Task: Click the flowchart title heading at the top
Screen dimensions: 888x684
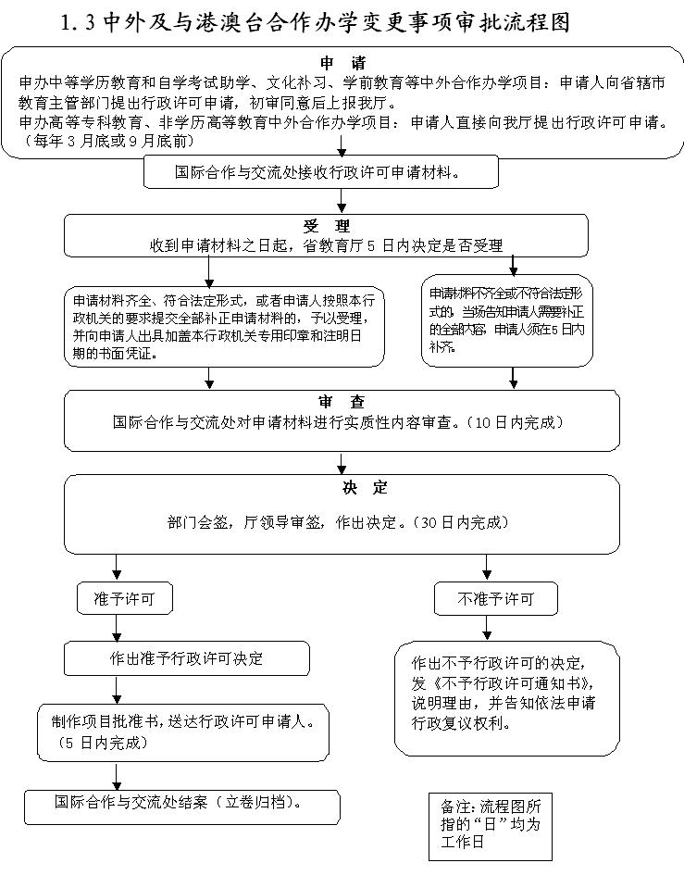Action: pyautogui.click(x=315, y=22)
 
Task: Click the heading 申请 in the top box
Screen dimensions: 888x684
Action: pyautogui.click(x=342, y=63)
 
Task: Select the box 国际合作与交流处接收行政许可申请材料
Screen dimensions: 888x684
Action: pyautogui.click(x=320, y=172)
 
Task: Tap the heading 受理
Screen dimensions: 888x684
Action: pyautogui.click(x=326, y=226)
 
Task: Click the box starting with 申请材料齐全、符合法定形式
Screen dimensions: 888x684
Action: pyautogui.click(x=224, y=327)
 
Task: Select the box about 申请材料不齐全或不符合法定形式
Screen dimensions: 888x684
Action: pyautogui.click(x=507, y=319)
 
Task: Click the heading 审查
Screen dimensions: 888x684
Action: pyautogui.click(x=342, y=402)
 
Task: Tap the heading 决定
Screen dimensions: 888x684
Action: pyautogui.click(x=342, y=487)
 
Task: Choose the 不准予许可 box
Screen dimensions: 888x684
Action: pyautogui.click(x=496, y=599)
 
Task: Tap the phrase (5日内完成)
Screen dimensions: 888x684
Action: pyautogui.click(x=103, y=743)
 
